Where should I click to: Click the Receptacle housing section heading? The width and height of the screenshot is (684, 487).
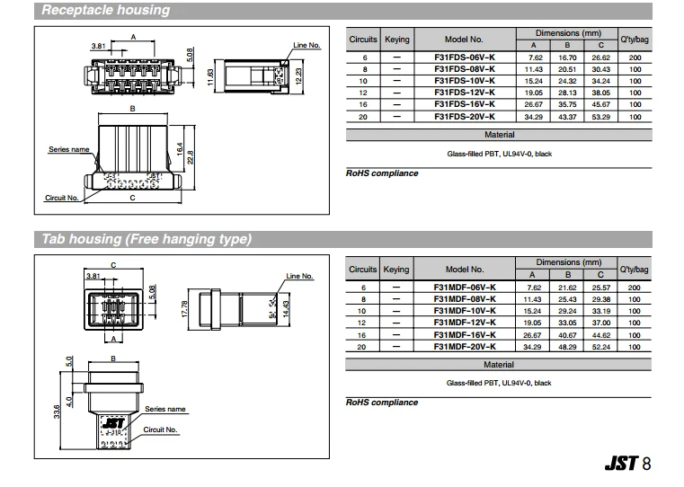tap(106, 11)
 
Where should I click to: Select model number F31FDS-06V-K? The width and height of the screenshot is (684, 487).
tap(464, 57)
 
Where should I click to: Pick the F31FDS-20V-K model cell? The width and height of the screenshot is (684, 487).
tap(464, 117)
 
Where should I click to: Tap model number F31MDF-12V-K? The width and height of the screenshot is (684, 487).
tap(464, 322)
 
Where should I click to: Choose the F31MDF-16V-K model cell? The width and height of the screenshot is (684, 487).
tap(464, 334)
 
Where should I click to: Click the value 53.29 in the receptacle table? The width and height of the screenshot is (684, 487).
tap(600, 117)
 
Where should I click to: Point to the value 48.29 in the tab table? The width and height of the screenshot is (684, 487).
tap(567, 346)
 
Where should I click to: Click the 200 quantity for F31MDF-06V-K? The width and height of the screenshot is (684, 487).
tap(635, 287)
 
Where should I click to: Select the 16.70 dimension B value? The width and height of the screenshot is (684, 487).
tap(567, 57)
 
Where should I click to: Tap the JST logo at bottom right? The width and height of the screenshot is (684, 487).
tap(621, 464)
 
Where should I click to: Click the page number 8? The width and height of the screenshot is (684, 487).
tap(647, 464)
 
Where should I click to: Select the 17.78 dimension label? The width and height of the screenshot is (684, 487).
tap(184, 308)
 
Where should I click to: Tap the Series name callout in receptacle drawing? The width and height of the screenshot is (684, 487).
tap(68, 149)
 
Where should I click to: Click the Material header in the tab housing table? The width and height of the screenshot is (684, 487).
tap(499, 365)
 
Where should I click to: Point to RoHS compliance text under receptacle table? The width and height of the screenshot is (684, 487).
tap(382, 173)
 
